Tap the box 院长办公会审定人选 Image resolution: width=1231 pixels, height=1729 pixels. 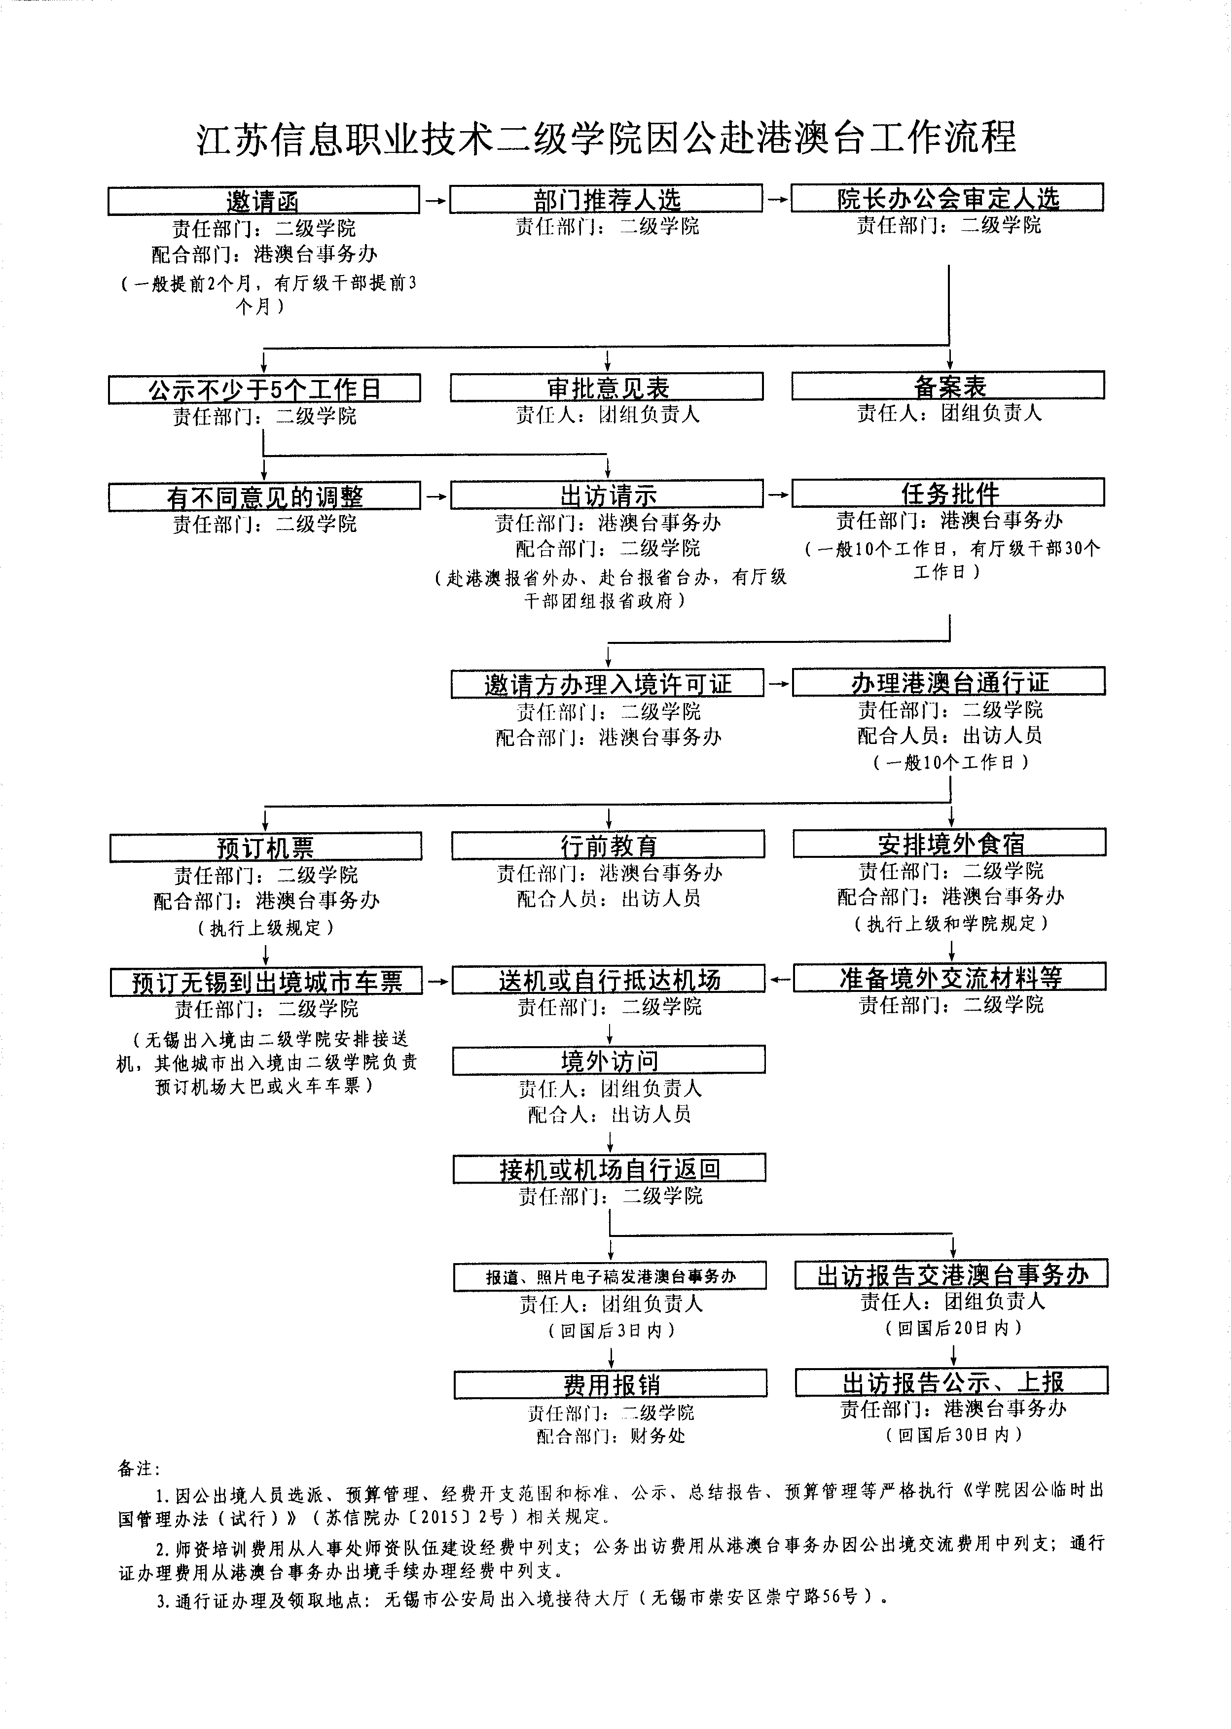click(x=947, y=197)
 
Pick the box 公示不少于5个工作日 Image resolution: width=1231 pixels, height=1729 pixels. click(x=264, y=388)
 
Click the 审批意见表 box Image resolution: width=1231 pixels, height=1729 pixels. click(x=607, y=387)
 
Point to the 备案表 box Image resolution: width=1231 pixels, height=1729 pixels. click(x=948, y=385)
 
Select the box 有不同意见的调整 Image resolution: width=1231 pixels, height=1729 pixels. click(x=264, y=496)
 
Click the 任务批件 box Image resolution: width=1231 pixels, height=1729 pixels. click(x=948, y=493)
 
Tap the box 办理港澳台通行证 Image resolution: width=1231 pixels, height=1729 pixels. click(x=949, y=681)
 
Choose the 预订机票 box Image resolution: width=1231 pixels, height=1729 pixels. click(x=265, y=847)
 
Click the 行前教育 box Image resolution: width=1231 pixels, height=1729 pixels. click(x=608, y=845)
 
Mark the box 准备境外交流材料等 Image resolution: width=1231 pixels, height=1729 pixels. click(x=950, y=977)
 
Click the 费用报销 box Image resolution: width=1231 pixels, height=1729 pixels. click(x=610, y=1384)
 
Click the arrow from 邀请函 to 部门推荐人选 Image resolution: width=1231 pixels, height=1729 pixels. click(x=435, y=201)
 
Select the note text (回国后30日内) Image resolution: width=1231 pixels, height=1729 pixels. click(x=953, y=1434)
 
